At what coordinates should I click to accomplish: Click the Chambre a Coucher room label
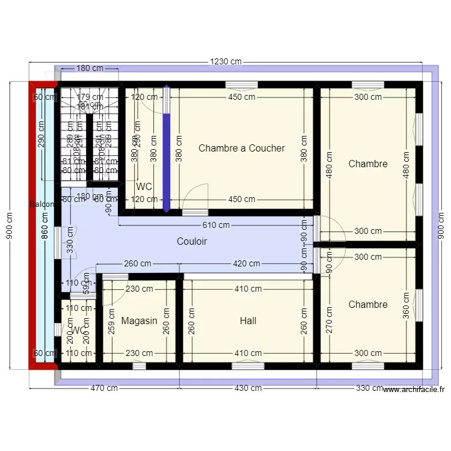pyautogui.click(x=242, y=148)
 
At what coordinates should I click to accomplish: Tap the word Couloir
pyautogui.click(x=192, y=241)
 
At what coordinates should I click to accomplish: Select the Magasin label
pyautogui.click(x=139, y=321)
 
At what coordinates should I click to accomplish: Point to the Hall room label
pyautogui.click(x=248, y=321)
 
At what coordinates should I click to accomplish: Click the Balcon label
pyautogui.click(x=42, y=204)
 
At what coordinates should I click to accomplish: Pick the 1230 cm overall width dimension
pyautogui.click(x=226, y=61)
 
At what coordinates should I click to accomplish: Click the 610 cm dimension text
pyautogui.click(x=216, y=226)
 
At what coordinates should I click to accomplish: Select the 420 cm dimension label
pyautogui.click(x=247, y=263)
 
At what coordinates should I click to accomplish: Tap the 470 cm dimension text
pyautogui.click(x=103, y=388)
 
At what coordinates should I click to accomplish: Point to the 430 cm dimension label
pyautogui.click(x=248, y=388)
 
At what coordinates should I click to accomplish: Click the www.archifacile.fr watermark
pyautogui.click(x=414, y=389)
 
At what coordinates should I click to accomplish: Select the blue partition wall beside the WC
pyautogui.click(x=167, y=150)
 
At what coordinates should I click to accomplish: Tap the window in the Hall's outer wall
pyautogui.click(x=247, y=365)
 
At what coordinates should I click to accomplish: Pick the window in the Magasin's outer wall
pyautogui.click(x=139, y=365)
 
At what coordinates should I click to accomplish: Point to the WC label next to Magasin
pyautogui.click(x=78, y=330)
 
